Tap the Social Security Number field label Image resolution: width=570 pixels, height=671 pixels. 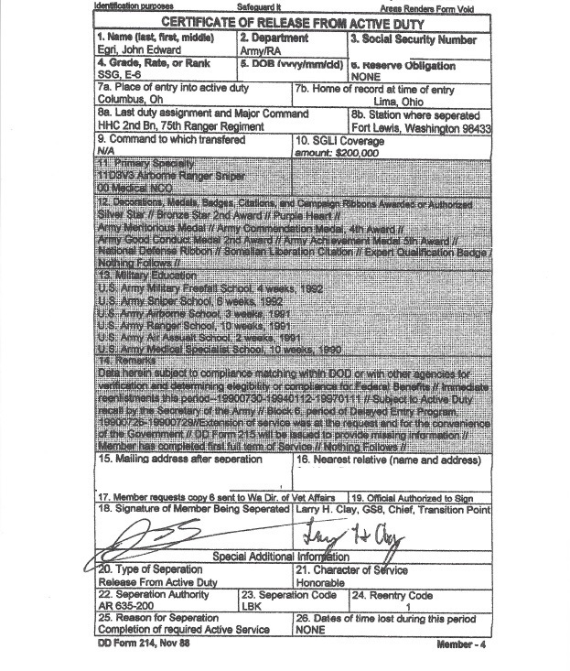(x=413, y=39)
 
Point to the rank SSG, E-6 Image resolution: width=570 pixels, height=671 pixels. (x=120, y=78)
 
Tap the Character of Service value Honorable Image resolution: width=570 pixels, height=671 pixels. (x=320, y=582)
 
